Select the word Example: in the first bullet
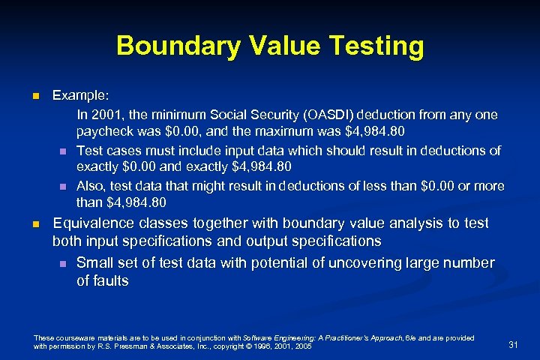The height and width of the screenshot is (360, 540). pos(80,97)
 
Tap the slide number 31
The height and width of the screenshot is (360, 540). pos(514,344)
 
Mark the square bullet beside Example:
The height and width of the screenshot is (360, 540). pos(34,97)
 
